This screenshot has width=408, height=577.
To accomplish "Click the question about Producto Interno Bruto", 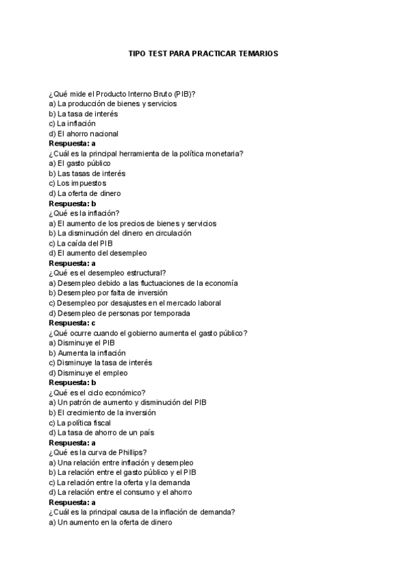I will point(126,94).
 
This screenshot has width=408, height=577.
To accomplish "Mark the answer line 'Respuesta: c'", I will point(72,323).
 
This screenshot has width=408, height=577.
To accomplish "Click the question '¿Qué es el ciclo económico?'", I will point(97,393).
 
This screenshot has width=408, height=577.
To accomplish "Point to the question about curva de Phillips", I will point(98,452).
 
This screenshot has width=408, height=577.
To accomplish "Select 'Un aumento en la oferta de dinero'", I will point(110,523).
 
